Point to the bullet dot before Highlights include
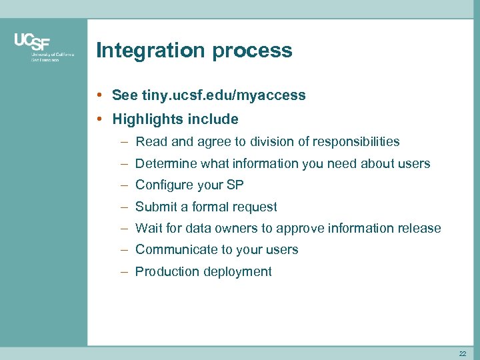pos(99,119)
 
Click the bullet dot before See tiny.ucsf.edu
pos(99,95)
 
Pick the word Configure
pos(163,185)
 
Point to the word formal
pos(210,207)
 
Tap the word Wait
pos(148,228)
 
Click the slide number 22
pos(462,353)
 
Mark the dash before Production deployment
pos(126,271)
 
